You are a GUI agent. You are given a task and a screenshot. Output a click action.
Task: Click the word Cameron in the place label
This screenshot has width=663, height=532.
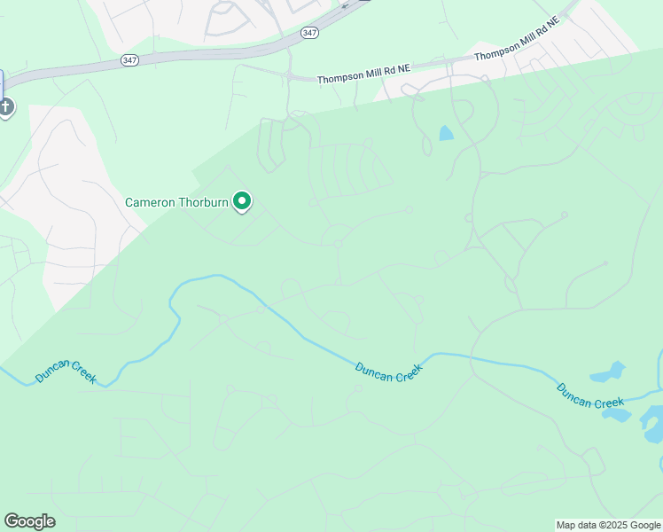coord(151,202)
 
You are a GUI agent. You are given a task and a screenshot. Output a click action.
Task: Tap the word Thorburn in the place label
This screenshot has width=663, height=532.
coord(204,202)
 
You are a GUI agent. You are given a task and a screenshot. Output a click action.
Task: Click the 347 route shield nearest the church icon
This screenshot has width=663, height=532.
coord(130,60)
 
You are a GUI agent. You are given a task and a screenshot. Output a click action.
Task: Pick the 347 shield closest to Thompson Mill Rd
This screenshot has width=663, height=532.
coord(308,33)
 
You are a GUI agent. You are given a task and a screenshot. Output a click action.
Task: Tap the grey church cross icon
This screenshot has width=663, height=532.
coord(5,107)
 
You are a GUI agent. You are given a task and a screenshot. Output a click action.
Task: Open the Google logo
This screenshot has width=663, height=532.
coord(29,521)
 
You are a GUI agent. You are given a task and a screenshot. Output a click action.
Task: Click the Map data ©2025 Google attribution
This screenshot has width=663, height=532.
coord(609,525)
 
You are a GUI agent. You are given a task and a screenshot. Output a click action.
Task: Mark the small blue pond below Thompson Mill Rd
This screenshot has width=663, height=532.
coord(445,134)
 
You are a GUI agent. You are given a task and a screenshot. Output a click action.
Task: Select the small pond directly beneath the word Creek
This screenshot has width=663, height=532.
coord(619,415)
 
